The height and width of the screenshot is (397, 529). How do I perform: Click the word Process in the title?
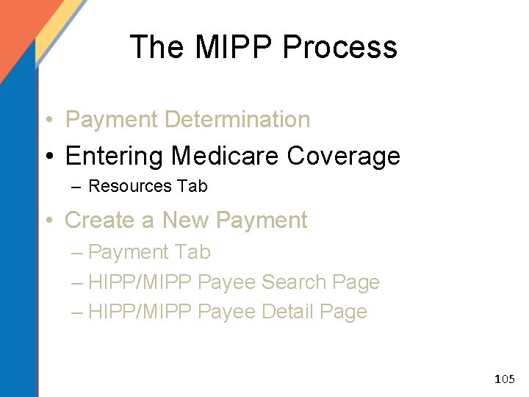(x=339, y=48)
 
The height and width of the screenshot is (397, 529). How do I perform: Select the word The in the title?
(x=156, y=48)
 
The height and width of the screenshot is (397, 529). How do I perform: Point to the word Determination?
(x=239, y=119)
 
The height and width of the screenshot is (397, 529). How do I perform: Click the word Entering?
(x=114, y=156)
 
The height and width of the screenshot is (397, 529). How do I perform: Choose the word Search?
(x=293, y=282)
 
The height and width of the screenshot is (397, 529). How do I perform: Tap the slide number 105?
(x=505, y=380)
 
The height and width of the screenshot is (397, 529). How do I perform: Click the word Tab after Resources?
(x=192, y=187)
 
